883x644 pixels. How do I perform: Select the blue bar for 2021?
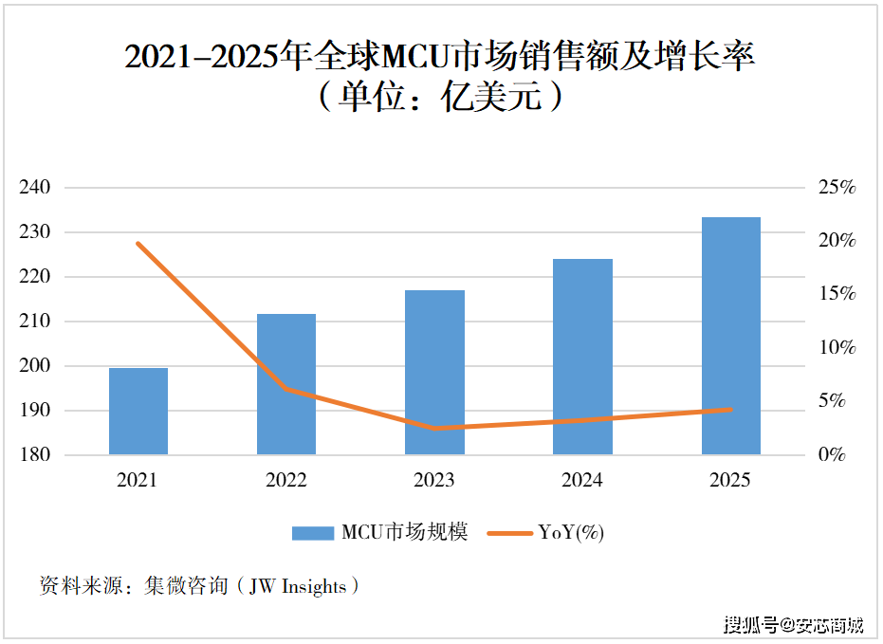point(138,411)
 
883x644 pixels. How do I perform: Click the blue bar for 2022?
point(286,384)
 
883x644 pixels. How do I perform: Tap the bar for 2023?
point(434,372)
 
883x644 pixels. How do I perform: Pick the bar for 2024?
point(582,357)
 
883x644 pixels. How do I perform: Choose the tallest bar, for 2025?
point(730,336)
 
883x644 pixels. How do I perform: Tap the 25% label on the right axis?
point(837,188)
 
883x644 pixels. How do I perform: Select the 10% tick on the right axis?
point(837,348)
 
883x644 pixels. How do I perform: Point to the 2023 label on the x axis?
point(434,481)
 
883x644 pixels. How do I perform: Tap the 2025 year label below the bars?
point(730,481)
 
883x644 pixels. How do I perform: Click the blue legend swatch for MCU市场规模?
point(312,533)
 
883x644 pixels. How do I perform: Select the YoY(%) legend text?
point(571,533)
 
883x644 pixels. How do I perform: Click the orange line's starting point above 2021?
point(138,244)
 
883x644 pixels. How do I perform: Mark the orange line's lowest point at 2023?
point(434,428)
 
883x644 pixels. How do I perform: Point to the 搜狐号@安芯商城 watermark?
point(794,624)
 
